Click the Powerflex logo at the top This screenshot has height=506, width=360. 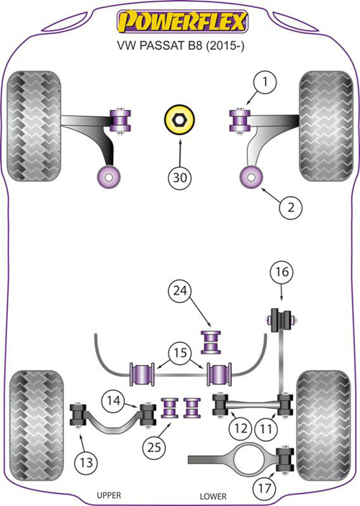coord(181,22)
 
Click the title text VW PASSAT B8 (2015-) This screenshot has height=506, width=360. coord(181,45)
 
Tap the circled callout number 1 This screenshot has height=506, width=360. coord(265,82)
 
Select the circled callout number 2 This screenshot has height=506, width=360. coord(291,207)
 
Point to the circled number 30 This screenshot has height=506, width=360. coord(180,178)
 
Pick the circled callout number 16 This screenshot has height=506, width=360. coord(282,272)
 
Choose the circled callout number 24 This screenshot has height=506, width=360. coord(180,291)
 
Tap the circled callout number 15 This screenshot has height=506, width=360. coord(180,353)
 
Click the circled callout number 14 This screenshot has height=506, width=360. coord(113,400)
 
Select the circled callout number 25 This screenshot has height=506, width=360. coord(154,447)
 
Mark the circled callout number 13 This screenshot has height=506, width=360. coord(86,462)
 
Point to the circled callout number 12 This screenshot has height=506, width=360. coord(241,428)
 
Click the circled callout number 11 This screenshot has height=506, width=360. coord(266,429)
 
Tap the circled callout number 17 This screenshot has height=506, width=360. coord(264,487)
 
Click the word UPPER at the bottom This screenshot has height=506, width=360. coord(109,495)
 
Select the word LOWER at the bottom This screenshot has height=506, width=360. coord(213,496)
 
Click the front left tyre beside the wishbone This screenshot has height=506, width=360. coord(34,126)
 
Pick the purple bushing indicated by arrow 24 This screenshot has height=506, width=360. coord(211,342)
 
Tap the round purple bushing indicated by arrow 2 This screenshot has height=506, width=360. coord(252,177)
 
